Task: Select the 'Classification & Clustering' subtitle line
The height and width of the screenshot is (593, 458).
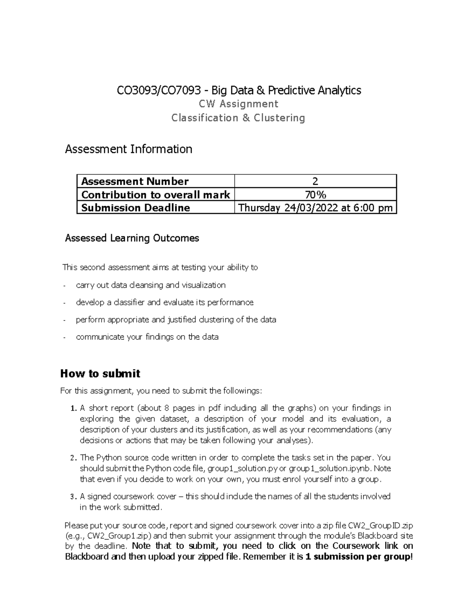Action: click(x=238, y=118)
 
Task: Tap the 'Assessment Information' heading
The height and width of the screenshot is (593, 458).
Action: click(x=129, y=149)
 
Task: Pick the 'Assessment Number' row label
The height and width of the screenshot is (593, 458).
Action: click(x=135, y=181)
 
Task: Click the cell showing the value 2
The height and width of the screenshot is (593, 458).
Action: click(x=315, y=181)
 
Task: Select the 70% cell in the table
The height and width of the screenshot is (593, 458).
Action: click(x=315, y=195)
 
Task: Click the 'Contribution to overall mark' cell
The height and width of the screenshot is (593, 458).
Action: click(x=155, y=195)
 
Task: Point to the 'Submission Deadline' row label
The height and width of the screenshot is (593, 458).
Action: click(x=135, y=208)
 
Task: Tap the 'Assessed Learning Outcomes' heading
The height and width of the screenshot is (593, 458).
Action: click(x=132, y=238)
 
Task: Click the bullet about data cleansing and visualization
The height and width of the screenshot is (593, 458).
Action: click(x=151, y=285)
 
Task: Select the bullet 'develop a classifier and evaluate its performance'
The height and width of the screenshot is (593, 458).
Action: click(x=164, y=302)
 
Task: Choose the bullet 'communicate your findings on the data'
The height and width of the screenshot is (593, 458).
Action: click(x=147, y=337)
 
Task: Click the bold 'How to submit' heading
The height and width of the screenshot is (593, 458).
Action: click(x=100, y=373)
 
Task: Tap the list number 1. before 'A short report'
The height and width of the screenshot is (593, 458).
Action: click(x=74, y=409)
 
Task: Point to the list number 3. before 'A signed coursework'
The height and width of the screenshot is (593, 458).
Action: click(x=74, y=497)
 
